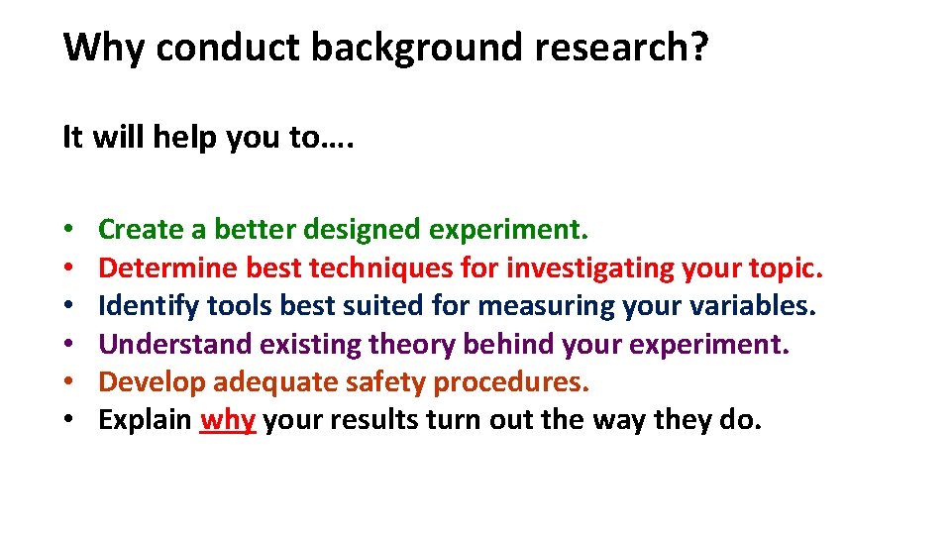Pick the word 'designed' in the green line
pos(362,231)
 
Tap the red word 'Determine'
pos(168,268)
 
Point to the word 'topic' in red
pos(787,268)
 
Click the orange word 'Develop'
pos(153,382)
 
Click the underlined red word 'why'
pos(228,420)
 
